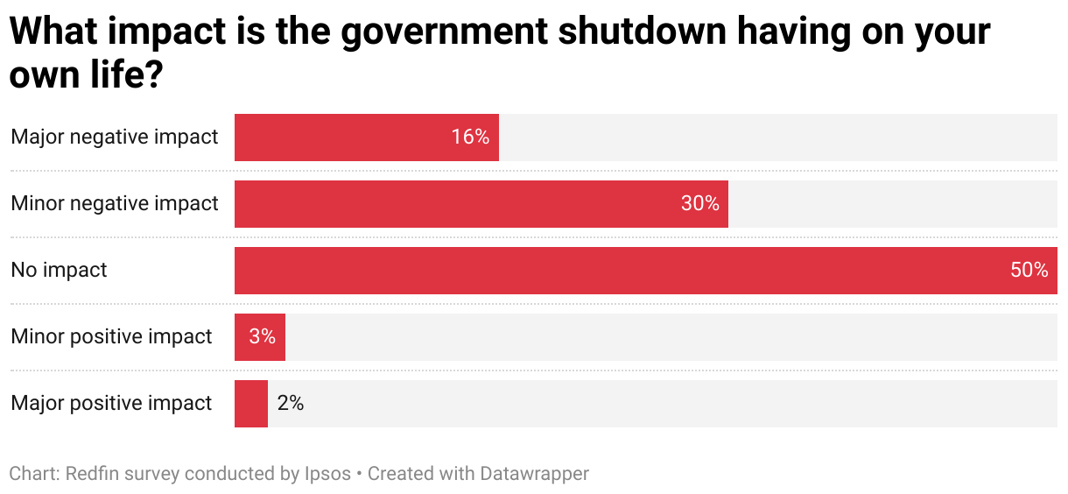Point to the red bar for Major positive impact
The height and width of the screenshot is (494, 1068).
tap(250, 404)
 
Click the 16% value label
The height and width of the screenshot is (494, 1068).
tap(470, 138)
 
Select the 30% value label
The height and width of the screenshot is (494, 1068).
tap(699, 204)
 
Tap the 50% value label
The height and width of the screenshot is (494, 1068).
tap(1029, 271)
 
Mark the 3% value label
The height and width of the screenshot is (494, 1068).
tap(262, 337)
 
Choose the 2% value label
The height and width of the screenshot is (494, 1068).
tap(290, 404)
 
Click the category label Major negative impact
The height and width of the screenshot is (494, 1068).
tap(115, 138)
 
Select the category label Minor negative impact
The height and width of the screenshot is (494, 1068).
tap(115, 204)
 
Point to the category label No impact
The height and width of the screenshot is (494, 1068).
tap(59, 271)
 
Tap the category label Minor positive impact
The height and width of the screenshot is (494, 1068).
tap(111, 337)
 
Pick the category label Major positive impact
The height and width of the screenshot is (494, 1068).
tap(111, 404)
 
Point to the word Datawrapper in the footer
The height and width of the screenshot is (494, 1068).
tap(534, 475)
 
